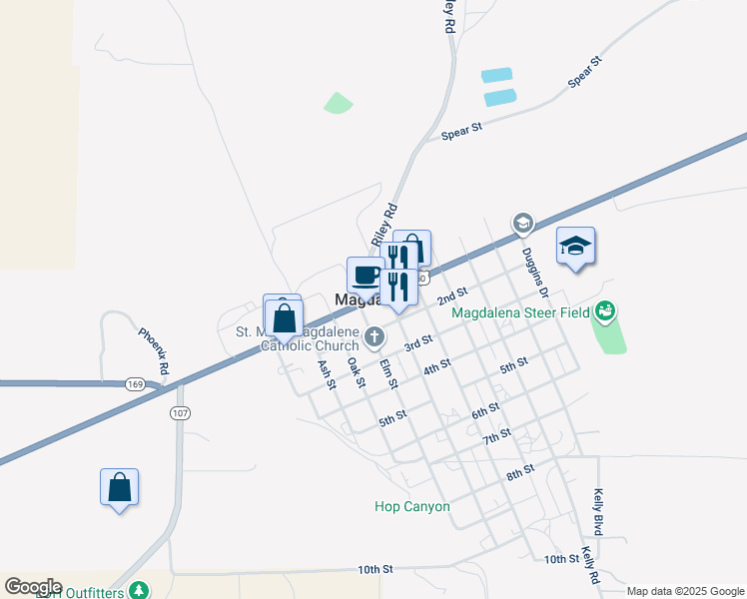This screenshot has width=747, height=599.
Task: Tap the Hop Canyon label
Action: click(x=412, y=506)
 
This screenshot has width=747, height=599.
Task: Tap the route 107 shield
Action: click(x=179, y=412)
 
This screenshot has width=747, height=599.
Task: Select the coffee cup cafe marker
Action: click(x=366, y=275)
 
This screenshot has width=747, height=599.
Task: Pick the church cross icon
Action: click(x=374, y=336)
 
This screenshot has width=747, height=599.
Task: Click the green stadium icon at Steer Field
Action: click(x=604, y=312)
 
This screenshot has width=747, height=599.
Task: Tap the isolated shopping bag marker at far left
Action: click(x=119, y=487)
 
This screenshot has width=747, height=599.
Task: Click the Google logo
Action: click(x=33, y=587)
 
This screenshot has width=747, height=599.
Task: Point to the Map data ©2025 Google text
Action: click(x=685, y=591)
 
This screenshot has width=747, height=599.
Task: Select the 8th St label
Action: click(x=521, y=471)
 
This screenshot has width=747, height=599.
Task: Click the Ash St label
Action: click(x=326, y=374)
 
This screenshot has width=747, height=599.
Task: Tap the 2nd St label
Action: click(x=452, y=295)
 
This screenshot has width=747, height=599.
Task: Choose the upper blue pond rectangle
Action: click(x=496, y=75)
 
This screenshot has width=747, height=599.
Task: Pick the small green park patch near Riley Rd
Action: click(x=338, y=102)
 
